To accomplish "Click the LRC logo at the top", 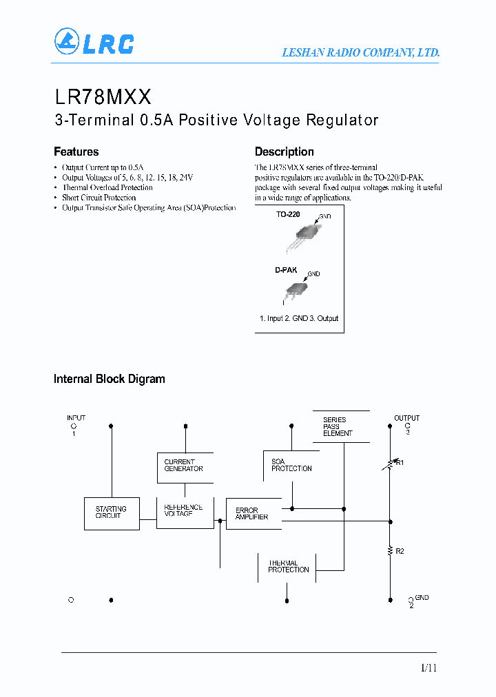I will (94, 42).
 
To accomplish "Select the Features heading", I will (76, 152).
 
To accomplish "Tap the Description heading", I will (284, 152).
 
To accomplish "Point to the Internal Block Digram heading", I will (109, 379).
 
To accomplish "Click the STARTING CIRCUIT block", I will (112, 513).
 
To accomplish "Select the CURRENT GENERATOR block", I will (185, 466).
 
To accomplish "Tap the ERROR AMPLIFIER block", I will (254, 514).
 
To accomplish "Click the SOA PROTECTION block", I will (291, 466).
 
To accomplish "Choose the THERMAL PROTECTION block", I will (289, 567).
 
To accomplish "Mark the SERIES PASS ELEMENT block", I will (340, 426).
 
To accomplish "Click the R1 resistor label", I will (400, 463).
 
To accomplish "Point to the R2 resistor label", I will (400, 551).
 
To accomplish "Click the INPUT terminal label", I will (76, 418).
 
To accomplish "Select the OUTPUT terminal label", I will (406, 418).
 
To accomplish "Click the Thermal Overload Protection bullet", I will (107, 187).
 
